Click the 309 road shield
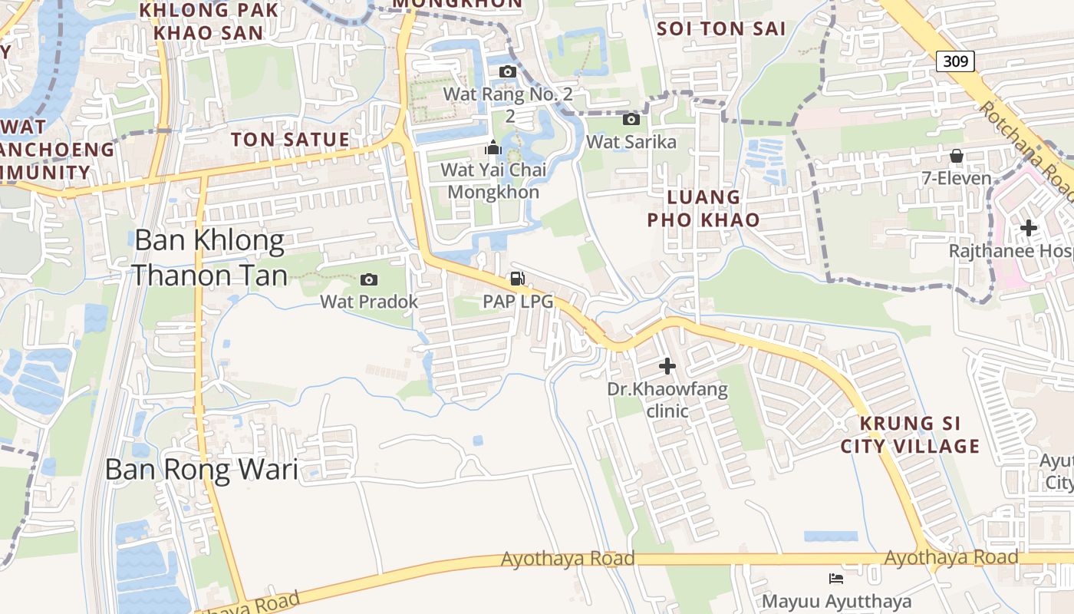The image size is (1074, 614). (955, 61)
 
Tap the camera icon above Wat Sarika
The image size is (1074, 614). (631, 119)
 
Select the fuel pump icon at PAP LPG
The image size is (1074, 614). (518, 279)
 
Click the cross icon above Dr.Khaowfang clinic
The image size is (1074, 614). (667, 366)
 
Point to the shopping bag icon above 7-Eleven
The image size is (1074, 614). (957, 157)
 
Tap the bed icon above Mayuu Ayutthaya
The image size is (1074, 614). (836, 578)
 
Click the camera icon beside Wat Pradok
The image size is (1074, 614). (369, 279)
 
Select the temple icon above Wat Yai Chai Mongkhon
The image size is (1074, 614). (493, 147)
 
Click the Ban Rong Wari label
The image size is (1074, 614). (201, 469)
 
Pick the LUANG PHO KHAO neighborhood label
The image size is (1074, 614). (703, 209)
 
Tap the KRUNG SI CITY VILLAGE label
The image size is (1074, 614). (910, 435)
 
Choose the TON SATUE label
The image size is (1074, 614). (290, 140)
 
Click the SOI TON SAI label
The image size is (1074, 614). (722, 28)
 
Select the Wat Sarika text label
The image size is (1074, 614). (631, 142)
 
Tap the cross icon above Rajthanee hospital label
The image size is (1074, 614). (1029, 228)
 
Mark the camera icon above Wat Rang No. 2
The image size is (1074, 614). (507, 72)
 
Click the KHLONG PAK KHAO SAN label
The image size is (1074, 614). (208, 21)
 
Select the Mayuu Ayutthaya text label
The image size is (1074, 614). (836, 601)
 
